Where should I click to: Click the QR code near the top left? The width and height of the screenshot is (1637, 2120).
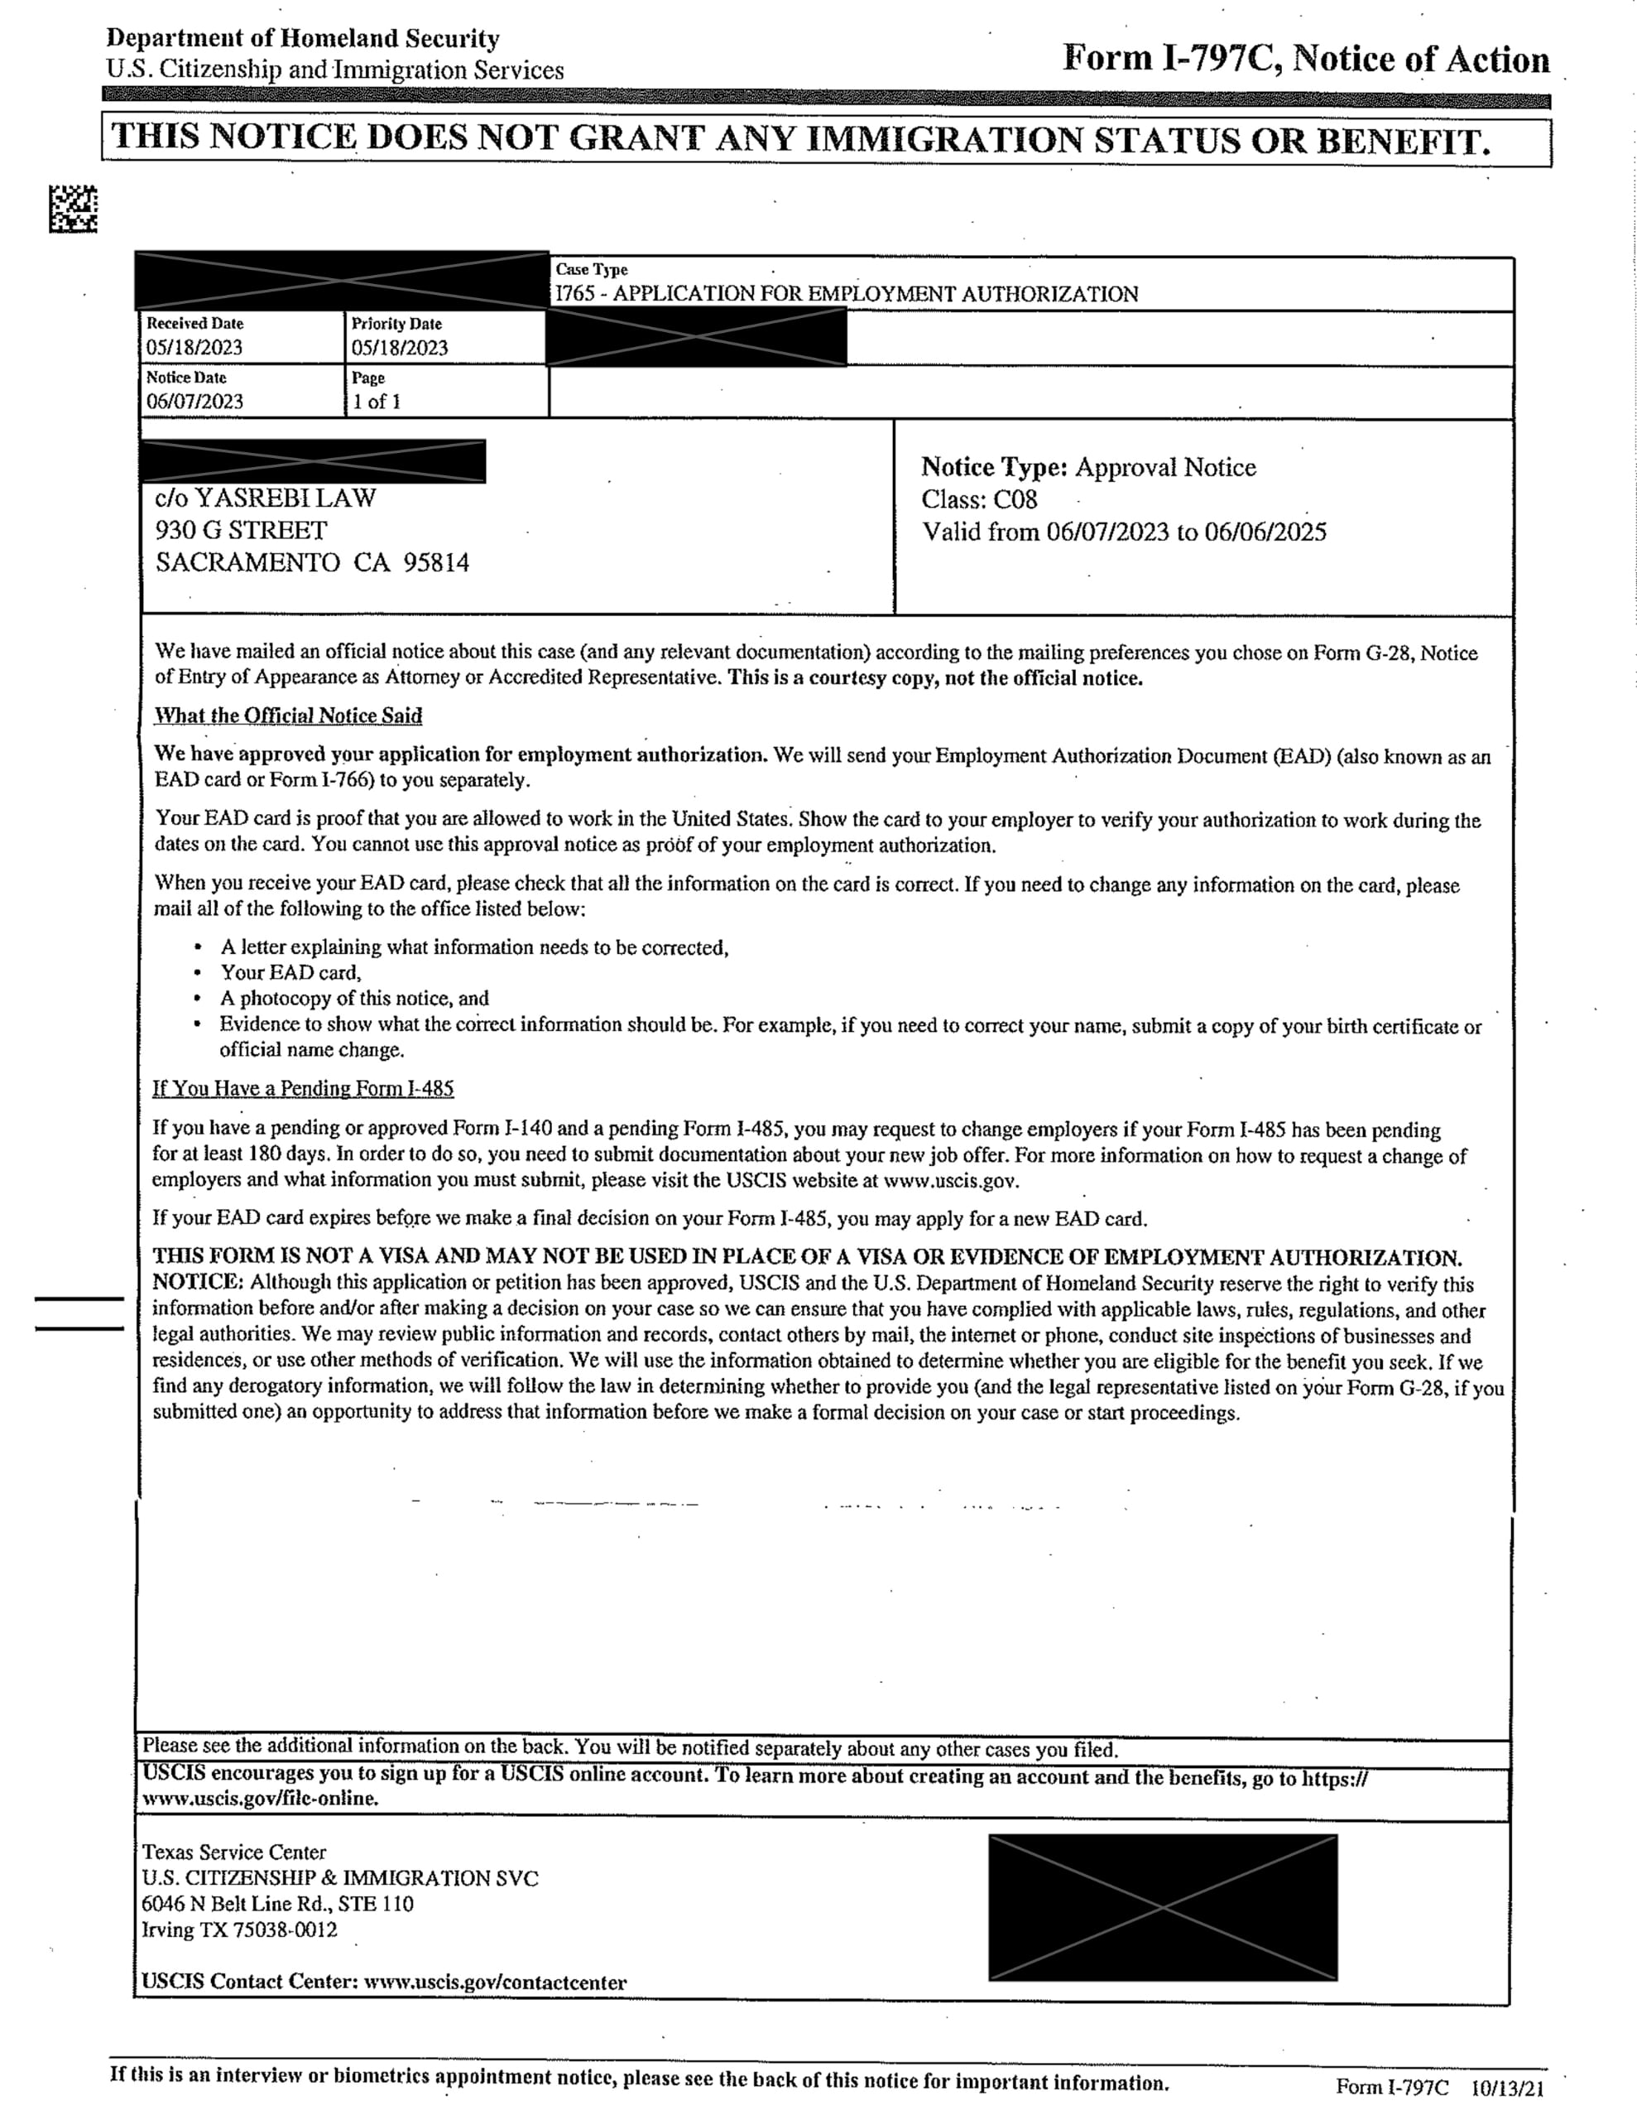coord(73,209)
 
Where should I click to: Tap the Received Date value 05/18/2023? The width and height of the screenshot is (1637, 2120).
coord(194,348)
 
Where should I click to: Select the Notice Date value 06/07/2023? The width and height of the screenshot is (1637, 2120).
coord(194,401)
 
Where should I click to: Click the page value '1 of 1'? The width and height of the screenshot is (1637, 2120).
coord(377,401)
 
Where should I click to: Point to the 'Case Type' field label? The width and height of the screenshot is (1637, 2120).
coord(591,269)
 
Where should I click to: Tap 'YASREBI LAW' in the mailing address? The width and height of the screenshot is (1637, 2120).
coord(286,498)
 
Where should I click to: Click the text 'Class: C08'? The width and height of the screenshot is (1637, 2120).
coord(979,500)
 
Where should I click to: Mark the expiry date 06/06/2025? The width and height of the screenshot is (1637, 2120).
coord(1265,532)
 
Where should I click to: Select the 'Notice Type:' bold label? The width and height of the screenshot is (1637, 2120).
coord(994,468)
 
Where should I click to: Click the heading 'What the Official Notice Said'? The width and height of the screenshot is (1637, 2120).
coord(288,715)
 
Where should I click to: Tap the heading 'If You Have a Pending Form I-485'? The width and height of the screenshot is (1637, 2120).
coord(303,1088)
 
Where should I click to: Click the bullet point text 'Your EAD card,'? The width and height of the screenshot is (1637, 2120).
coord(290,973)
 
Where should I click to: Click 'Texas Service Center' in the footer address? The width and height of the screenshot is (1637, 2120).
coord(234,1852)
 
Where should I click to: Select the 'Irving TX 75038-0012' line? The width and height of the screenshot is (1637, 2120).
coord(240,1930)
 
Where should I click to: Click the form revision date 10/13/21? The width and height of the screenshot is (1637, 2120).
coord(1507,2086)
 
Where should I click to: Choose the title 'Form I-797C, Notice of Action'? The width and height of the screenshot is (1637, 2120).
coord(1305,60)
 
